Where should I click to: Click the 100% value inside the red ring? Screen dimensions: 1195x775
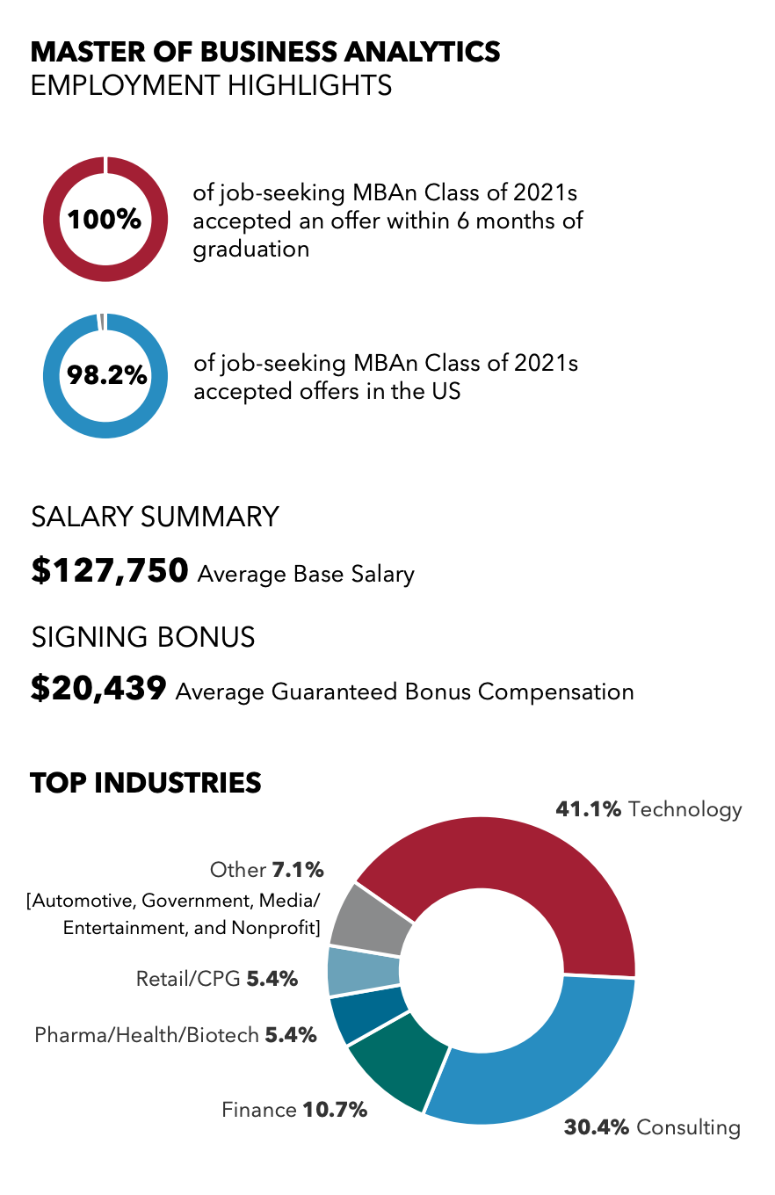(105, 220)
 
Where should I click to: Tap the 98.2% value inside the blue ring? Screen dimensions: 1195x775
(106, 375)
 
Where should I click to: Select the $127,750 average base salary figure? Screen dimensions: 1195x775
(110, 571)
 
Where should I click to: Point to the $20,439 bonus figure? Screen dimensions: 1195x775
(98, 689)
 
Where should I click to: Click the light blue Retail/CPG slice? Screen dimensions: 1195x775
(363, 971)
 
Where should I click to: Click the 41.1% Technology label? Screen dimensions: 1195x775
(648, 809)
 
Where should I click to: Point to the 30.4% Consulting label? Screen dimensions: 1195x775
(652, 1126)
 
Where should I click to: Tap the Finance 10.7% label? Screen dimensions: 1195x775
(293, 1110)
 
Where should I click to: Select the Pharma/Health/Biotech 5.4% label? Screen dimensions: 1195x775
(175, 1035)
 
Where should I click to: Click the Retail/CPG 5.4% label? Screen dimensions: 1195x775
(217, 978)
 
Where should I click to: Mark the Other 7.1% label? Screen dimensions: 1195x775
(267, 871)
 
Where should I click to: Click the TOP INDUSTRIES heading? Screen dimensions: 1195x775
(146, 782)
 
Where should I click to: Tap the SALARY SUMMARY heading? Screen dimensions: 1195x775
(156, 517)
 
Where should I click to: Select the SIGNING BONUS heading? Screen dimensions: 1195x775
(143, 636)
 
